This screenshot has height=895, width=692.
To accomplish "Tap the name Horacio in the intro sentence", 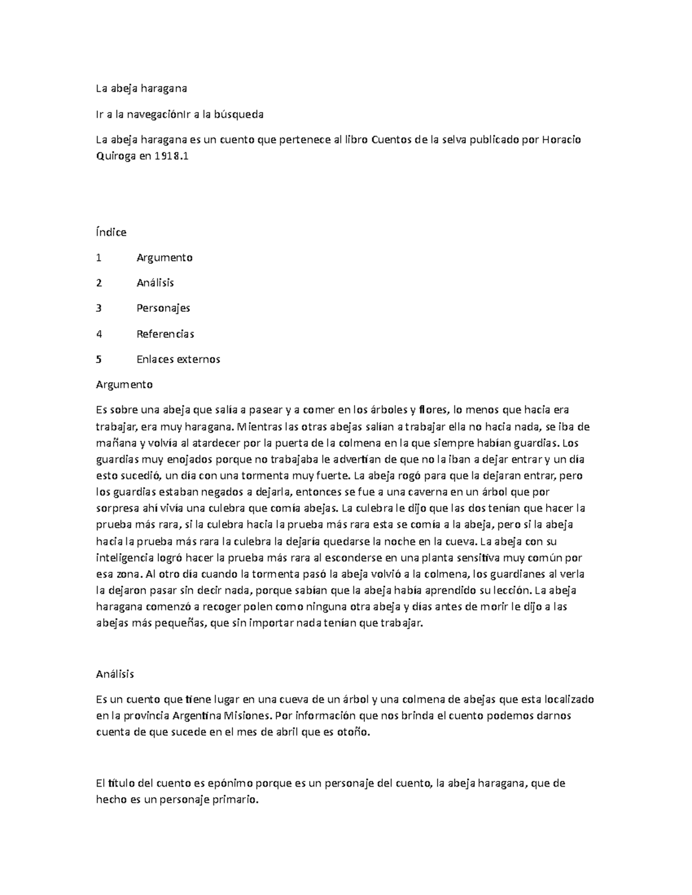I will (563, 139).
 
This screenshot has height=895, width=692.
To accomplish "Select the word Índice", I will (111, 232).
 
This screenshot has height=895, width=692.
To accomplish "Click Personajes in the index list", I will (163, 308).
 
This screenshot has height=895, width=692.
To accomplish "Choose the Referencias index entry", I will (165, 334).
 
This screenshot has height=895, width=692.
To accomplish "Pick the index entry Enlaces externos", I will (178, 359).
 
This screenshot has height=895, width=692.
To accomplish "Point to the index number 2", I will (99, 283).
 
